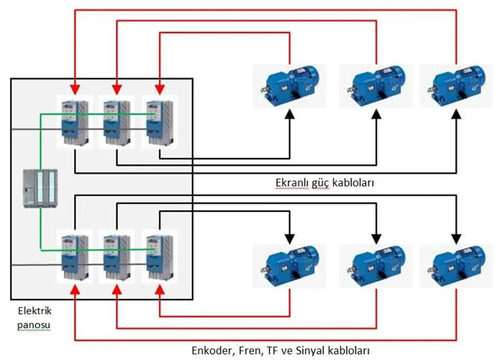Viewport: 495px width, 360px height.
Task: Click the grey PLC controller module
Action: (x=40, y=188)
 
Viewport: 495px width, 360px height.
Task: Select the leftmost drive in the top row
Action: (x=75, y=122)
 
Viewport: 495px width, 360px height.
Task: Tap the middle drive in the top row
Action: (x=117, y=122)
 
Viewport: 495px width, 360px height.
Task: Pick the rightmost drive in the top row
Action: (x=160, y=122)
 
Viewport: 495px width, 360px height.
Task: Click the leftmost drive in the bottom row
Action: (x=75, y=257)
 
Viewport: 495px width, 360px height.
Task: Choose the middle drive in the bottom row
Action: (x=117, y=257)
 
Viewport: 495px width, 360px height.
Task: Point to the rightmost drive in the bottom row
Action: (x=160, y=257)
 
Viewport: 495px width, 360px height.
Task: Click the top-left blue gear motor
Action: (x=290, y=86)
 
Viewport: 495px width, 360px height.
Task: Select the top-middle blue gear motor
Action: (x=376, y=86)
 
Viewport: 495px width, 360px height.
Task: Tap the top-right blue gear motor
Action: (x=456, y=86)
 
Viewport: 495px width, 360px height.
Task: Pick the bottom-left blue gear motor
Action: (x=290, y=266)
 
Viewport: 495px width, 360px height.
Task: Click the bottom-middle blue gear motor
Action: (x=376, y=266)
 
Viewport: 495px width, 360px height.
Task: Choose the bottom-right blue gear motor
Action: (x=456, y=266)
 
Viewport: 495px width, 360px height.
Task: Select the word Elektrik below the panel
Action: (x=35, y=311)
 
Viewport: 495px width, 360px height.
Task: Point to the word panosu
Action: (x=34, y=325)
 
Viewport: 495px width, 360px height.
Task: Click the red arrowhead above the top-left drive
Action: (x=75, y=89)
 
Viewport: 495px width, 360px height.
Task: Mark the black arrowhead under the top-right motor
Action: (x=456, y=113)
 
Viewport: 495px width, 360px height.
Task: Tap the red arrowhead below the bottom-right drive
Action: (x=160, y=290)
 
